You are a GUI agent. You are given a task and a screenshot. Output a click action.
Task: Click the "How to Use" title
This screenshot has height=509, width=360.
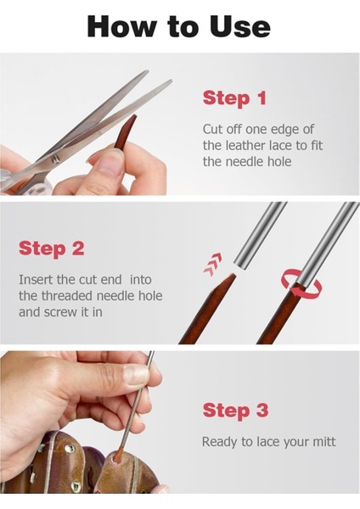pos(178,26)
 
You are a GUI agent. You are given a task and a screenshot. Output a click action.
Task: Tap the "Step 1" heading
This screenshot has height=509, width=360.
pos(234,98)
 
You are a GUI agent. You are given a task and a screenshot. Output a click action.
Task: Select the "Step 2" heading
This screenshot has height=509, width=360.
pos(51,249)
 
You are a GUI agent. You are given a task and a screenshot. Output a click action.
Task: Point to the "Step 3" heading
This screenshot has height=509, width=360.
pos(235,410)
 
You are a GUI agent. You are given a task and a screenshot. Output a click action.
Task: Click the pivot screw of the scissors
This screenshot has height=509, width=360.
pos(55,159)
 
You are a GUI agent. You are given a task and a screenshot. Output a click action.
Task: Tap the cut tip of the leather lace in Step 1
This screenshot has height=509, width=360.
pos(134,116)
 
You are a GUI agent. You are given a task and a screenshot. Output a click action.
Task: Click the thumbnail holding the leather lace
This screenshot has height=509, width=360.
pos(110,162)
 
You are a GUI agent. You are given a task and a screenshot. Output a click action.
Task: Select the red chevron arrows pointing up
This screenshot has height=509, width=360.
pos(213,265)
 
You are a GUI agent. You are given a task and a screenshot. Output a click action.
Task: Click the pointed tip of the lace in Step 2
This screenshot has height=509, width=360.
pos(233,275)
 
